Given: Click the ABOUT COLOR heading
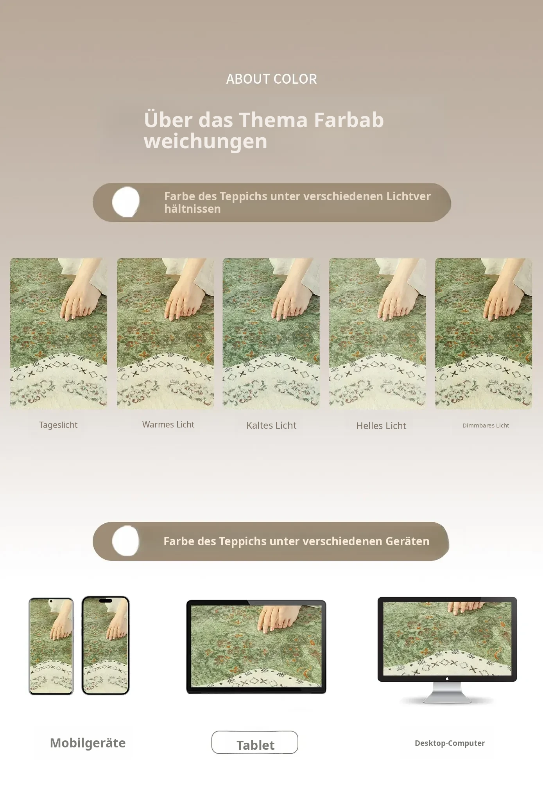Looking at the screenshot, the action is [271, 79].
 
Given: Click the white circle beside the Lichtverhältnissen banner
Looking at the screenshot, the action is [126, 202].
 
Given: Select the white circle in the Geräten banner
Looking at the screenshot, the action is [125, 541].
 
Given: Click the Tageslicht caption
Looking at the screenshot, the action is [58, 425].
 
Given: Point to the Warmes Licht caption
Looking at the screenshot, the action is [168, 424].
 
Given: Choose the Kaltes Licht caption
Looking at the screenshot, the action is [271, 425].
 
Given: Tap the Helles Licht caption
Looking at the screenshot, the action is [381, 426].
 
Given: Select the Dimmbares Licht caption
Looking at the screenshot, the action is [486, 426].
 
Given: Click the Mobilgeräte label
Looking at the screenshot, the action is [88, 743].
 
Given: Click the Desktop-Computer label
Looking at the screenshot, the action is [450, 743].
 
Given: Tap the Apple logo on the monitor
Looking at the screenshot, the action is [447, 679].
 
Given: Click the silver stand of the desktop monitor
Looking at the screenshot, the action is [447, 692].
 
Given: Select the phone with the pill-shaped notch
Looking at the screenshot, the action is [106, 645].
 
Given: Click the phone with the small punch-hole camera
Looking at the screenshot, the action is [51, 646].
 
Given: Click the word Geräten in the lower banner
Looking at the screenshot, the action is [407, 541].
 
